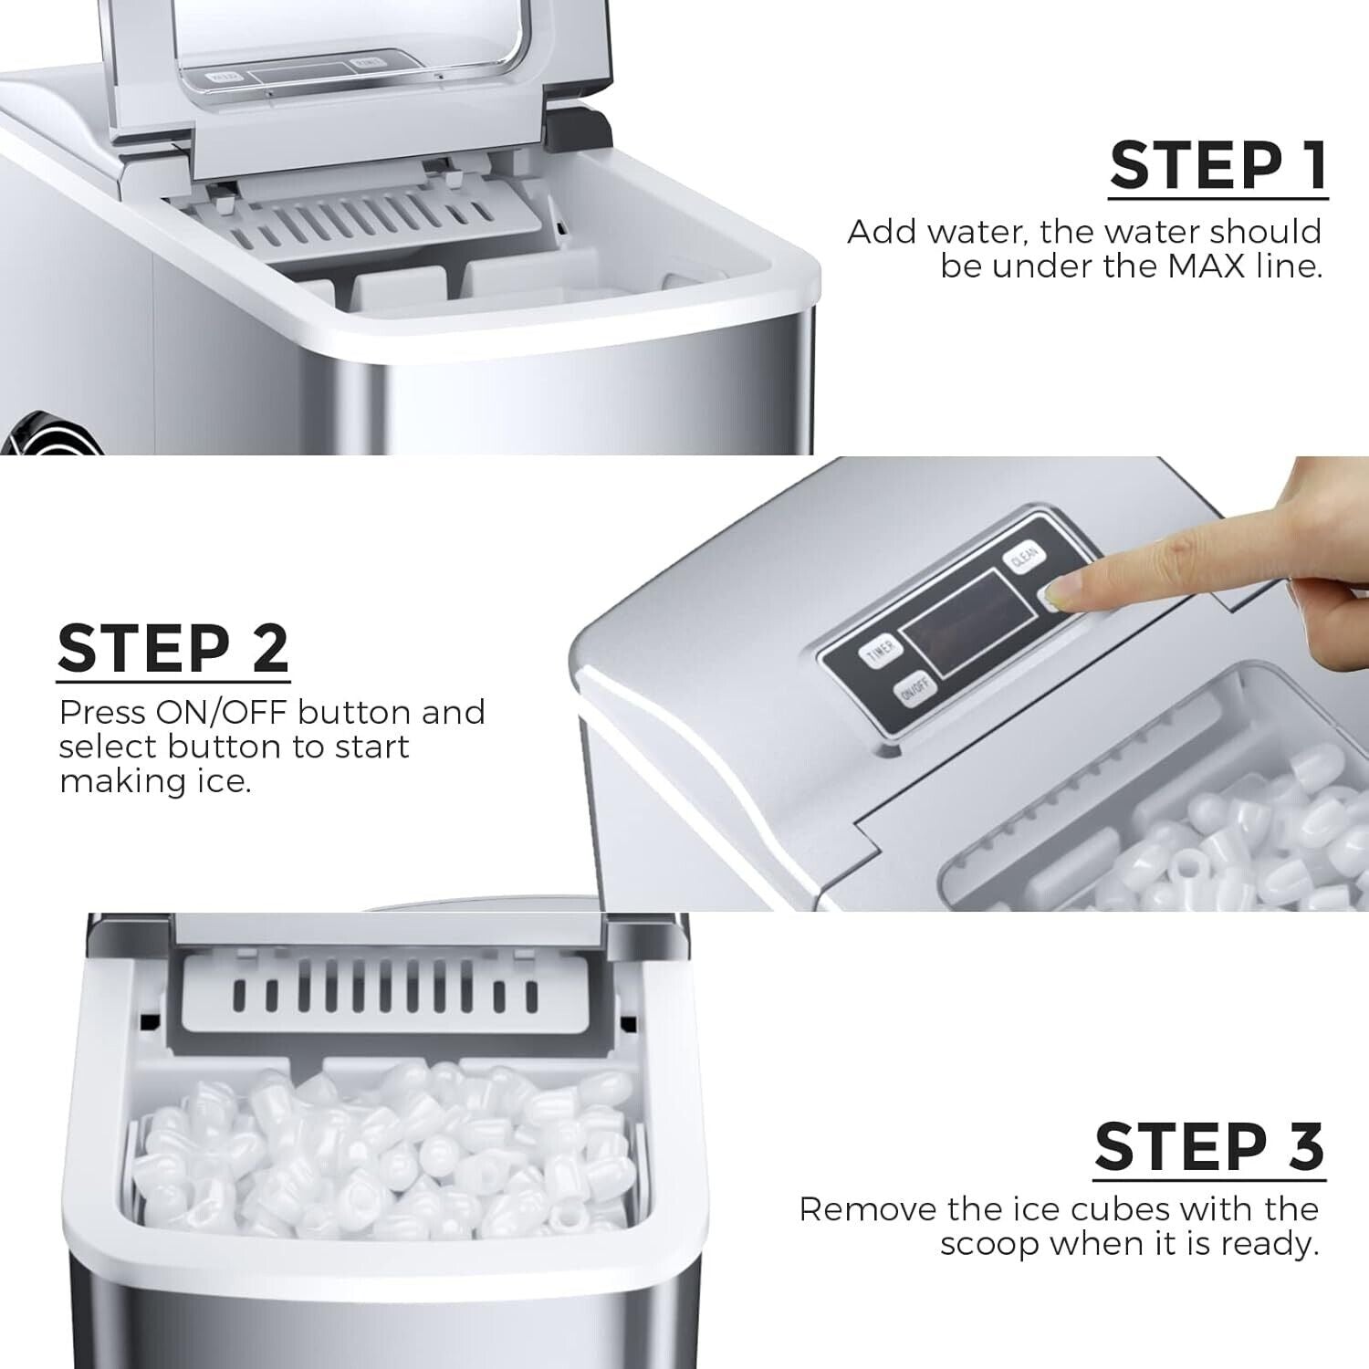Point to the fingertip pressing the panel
click(x=1059, y=599)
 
